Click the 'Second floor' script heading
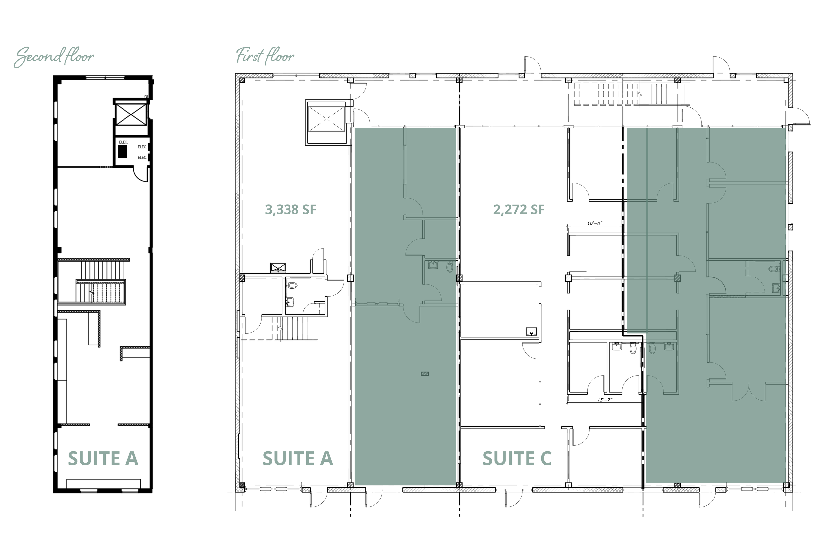tap(54, 57)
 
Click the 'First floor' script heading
tap(265, 56)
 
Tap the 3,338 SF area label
tap(290, 209)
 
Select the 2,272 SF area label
tap(519, 209)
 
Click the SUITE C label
tap(517, 458)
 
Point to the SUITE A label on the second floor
tap(103, 458)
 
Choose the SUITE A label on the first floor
tap(297, 458)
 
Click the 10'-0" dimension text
tap(595, 223)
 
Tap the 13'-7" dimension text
tap(605, 400)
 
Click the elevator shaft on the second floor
tap(131, 115)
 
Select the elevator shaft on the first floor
tap(326, 119)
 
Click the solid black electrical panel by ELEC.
tap(123, 151)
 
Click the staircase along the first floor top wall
tap(631, 94)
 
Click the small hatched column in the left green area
tap(424, 374)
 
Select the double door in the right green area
tap(748, 391)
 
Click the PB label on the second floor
tap(146, 96)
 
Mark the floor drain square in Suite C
tap(531, 331)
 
